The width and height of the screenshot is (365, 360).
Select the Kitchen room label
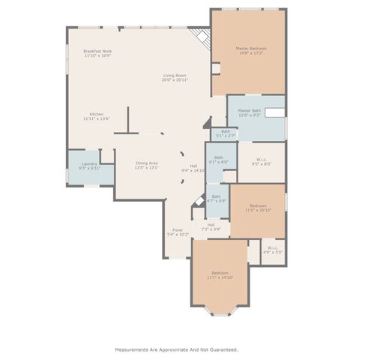tap(97, 114)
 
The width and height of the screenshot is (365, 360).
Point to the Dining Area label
tap(146, 163)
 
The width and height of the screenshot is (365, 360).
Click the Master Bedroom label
tap(251, 49)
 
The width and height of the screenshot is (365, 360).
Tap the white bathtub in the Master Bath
tap(274, 112)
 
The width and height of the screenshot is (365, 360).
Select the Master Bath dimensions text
tap(249, 115)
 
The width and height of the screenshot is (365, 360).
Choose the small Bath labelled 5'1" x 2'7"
tap(225, 133)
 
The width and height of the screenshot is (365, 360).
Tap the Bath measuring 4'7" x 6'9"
tap(216, 199)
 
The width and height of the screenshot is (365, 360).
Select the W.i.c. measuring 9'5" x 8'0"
tap(260, 160)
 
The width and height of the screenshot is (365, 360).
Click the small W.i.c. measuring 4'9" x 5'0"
tap(271, 250)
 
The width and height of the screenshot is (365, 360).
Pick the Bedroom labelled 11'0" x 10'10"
tap(257, 208)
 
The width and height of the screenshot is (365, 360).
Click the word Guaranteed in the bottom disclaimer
tap(221, 349)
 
